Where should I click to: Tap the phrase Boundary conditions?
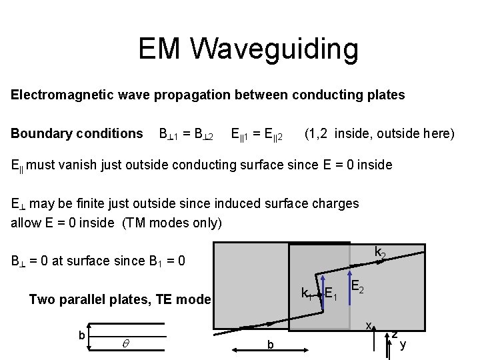point(77,133)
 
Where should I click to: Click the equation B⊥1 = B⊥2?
point(185,134)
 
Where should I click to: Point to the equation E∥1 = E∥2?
point(256,134)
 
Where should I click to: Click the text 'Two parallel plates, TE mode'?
point(120,299)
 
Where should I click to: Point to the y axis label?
point(402,344)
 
